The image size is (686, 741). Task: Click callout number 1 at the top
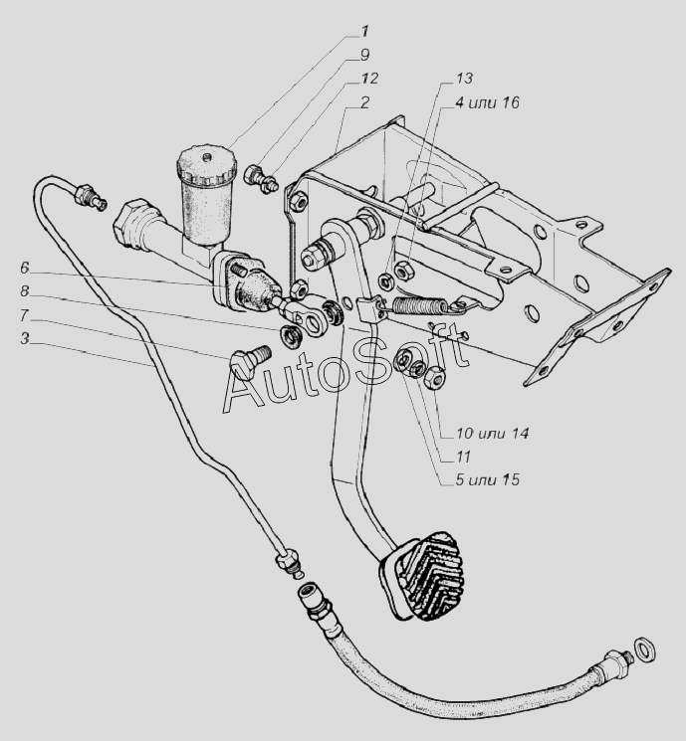pyautogui.click(x=364, y=32)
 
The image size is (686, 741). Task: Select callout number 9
pyautogui.click(x=364, y=55)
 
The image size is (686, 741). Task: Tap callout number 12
pyautogui.click(x=368, y=79)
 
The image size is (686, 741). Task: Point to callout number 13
pyautogui.click(x=464, y=79)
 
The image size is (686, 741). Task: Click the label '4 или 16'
pyautogui.click(x=487, y=102)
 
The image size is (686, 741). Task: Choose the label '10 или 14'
pyautogui.click(x=492, y=433)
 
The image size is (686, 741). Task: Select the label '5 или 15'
pyautogui.click(x=487, y=479)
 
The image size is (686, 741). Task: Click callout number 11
pyautogui.click(x=464, y=457)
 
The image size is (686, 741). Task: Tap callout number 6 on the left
pyautogui.click(x=25, y=268)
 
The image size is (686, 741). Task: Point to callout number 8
pyautogui.click(x=25, y=291)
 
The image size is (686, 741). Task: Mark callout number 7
pyautogui.click(x=25, y=314)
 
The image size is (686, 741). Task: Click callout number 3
pyautogui.click(x=25, y=338)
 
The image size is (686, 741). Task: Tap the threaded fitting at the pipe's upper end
pyautogui.click(x=89, y=197)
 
